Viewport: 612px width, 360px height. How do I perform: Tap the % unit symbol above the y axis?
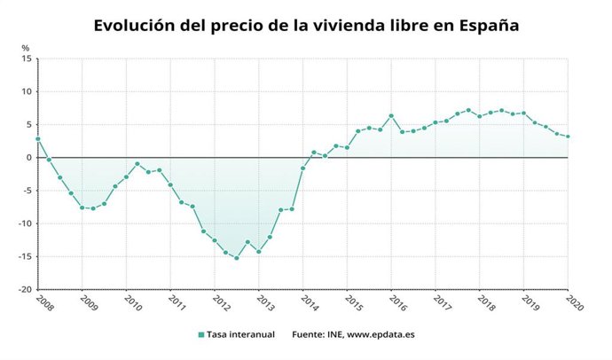(26, 48)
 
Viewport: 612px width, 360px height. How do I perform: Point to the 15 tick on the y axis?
(27, 59)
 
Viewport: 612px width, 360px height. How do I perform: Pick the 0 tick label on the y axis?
(29, 158)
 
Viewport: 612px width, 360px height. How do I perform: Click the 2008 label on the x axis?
(43, 302)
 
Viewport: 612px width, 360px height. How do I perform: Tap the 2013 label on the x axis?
(264, 302)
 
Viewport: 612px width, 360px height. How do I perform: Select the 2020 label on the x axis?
(574, 302)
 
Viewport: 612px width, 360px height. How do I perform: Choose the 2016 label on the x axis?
(396, 302)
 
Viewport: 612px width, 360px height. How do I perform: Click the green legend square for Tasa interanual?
(201, 334)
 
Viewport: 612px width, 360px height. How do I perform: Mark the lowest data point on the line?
(237, 258)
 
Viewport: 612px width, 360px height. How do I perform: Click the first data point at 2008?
(38, 138)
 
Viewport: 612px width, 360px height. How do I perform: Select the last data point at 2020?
(568, 137)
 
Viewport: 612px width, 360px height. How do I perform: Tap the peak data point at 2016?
(391, 116)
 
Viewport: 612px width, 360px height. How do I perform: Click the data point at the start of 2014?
(303, 168)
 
